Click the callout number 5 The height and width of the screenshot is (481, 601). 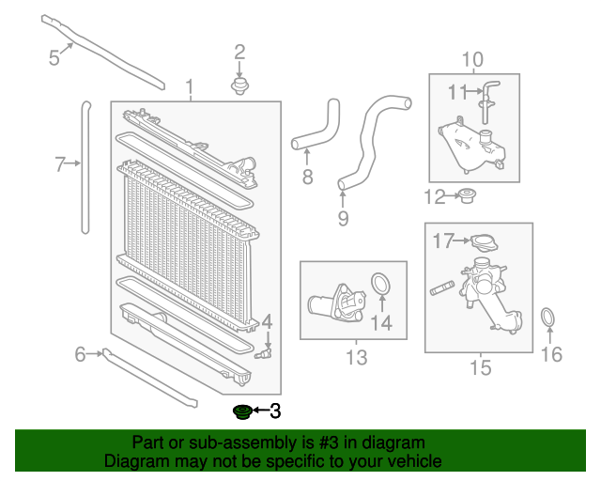pyautogui.click(x=54, y=57)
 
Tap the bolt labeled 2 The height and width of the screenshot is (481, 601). pyautogui.click(x=240, y=86)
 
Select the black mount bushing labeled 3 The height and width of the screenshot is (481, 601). pyautogui.click(x=241, y=411)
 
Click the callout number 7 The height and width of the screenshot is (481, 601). pyautogui.click(x=60, y=165)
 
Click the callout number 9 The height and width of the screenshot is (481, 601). pyautogui.click(x=343, y=218)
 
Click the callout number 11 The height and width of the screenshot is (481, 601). pyautogui.click(x=457, y=91)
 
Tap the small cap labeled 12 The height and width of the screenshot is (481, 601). pyautogui.click(x=466, y=196)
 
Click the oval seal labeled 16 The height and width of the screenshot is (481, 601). pyautogui.click(x=549, y=318)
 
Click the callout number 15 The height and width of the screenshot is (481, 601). pyautogui.click(x=480, y=367)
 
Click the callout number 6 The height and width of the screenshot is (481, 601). pyautogui.click(x=81, y=353)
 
